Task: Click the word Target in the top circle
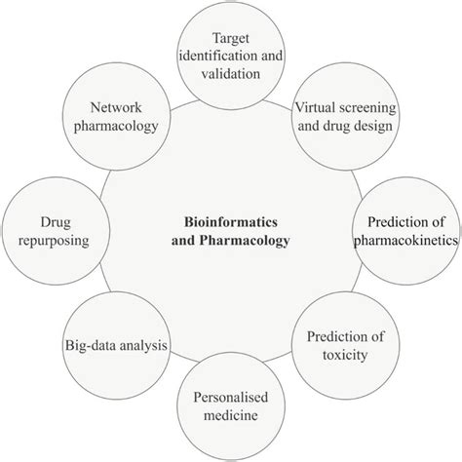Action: pyautogui.click(x=231, y=39)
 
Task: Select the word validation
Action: pyautogui.click(x=231, y=73)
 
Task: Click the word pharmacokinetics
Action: pyautogui.click(x=406, y=241)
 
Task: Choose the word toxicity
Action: pyautogui.click(x=345, y=355)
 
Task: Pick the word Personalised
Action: pyautogui.click(x=231, y=397)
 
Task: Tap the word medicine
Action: pyautogui.click(x=231, y=415)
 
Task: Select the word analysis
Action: pyautogui.click(x=143, y=346)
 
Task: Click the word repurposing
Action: pyautogui.click(x=54, y=241)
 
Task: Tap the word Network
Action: pyautogui.click(x=116, y=107)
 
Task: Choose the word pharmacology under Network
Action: pyautogui.click(x=116, y=126)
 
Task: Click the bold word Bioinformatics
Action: pyautogui.click(x=231, y=222)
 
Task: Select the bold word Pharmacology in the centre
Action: pyautogui.click(x=245, y=241)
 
